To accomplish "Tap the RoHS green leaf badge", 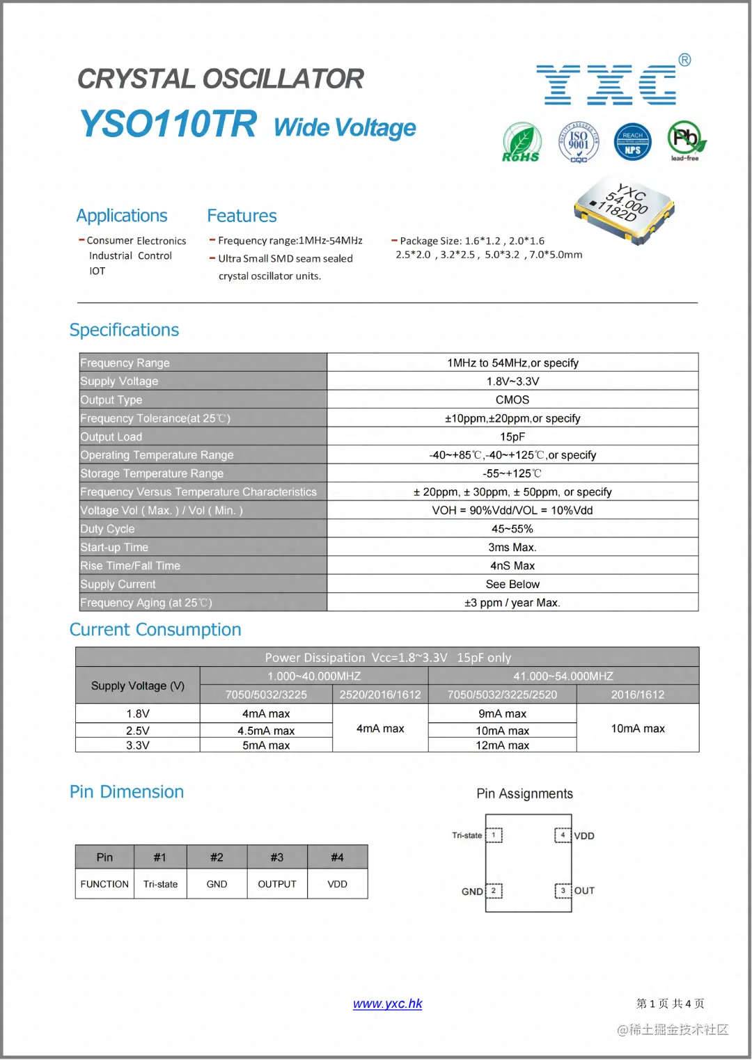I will pyautogui.click(x=522, y=142).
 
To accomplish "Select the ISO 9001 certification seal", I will pyautogui.click(x=578, y=142).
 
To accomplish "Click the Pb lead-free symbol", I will pyautogui.click(x=686, y=140).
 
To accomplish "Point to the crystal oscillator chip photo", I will pyautogui.click(x=624, y=209).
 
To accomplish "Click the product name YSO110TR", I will pyautogui.click(x=168, y=124).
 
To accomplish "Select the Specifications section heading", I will pyautogui.click(x=124, y=330).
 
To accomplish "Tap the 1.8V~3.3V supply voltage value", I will pyautogui.click(x=512, y=381).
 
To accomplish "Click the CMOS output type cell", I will pyautogui.click(x=512, y=400).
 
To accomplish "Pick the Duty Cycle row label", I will pyautogui.click(x=108, y=529).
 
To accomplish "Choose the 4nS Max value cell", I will pyautogui.click(x=512, y=566).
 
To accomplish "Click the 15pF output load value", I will pyautogui.click(x=512, y=436).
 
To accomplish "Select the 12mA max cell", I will pyautogui.click(x=502, y=745).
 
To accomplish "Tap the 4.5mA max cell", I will pyautogui.click(x=266, y=731).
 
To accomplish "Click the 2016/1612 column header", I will pyautogui.click(x=637, y=695).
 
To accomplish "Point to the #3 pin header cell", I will pyautogui.click(x=277, y=857).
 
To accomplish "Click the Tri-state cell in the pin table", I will pyautogui.click(x=160, y=884).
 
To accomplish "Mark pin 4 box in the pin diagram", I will pyautogui.click(x=563, y=835).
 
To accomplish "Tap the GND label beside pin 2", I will pyautogui.click(x=472, y=892).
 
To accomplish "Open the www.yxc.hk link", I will pyautogui.click(x=387, y=1004).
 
